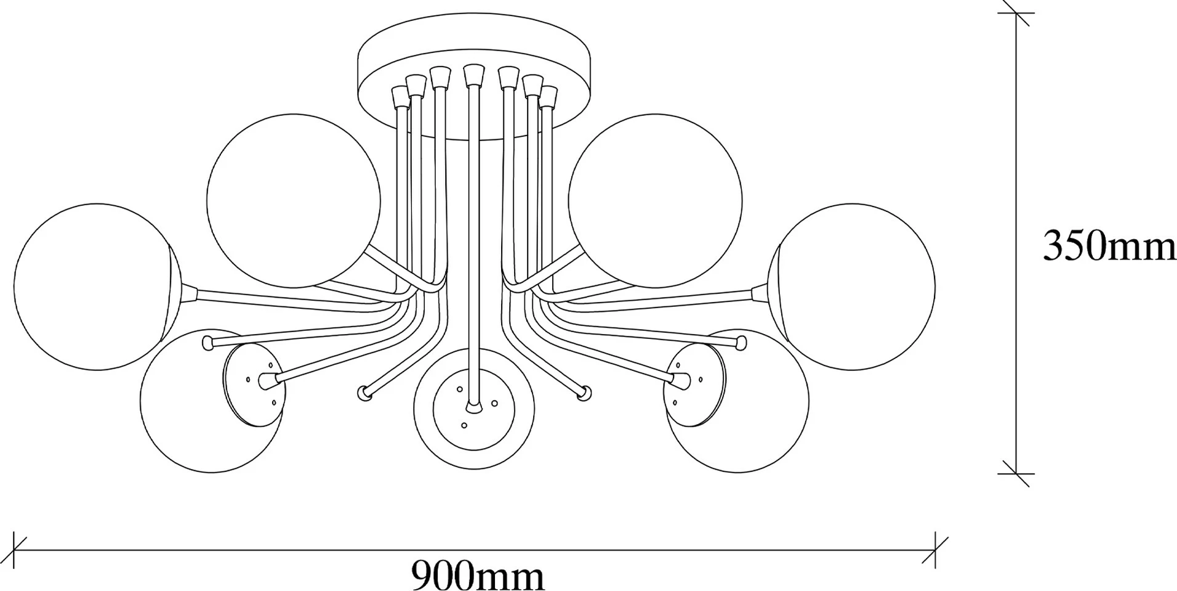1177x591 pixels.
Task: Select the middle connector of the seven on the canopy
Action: [x=473, y=75]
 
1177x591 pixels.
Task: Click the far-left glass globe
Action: [x=97, y=287]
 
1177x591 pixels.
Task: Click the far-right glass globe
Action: [x=852, y=287]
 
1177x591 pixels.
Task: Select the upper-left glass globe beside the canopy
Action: [x=294, y=200]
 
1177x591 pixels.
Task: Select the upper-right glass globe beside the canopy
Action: [x=655, y=200]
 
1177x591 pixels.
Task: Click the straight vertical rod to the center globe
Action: [x=473, y=247]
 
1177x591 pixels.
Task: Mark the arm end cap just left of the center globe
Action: [x=364, y=392]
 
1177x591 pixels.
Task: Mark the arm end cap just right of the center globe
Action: [x=584, y=392]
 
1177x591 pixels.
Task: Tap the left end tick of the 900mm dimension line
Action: [x=14, y=550]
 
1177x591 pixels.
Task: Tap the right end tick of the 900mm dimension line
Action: [x=936, y=550]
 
